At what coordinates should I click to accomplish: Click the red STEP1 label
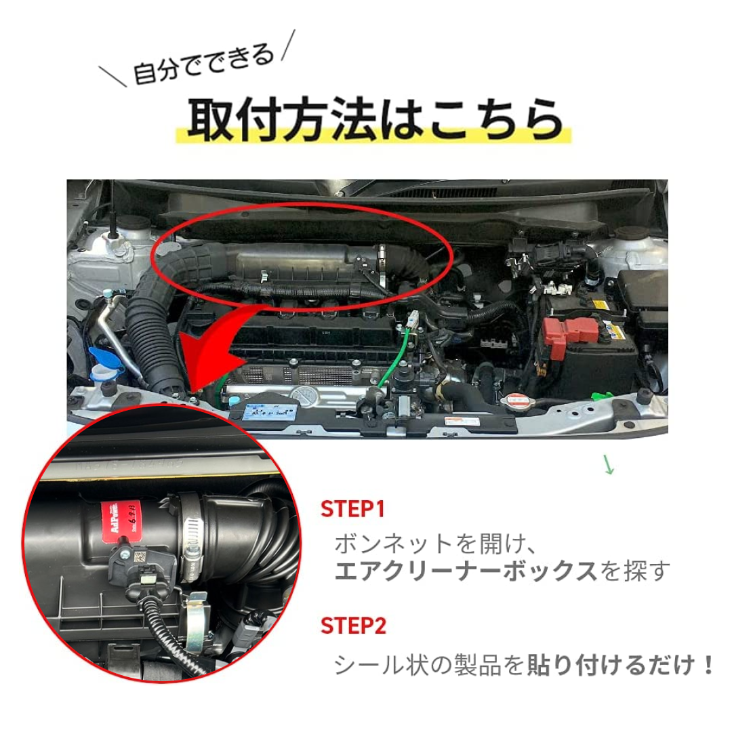pos(352,509)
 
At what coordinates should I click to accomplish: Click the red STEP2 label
pos(353,626)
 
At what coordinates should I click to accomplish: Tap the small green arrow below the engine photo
pos(608,466)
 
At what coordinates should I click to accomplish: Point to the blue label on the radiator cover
pos(268,409)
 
